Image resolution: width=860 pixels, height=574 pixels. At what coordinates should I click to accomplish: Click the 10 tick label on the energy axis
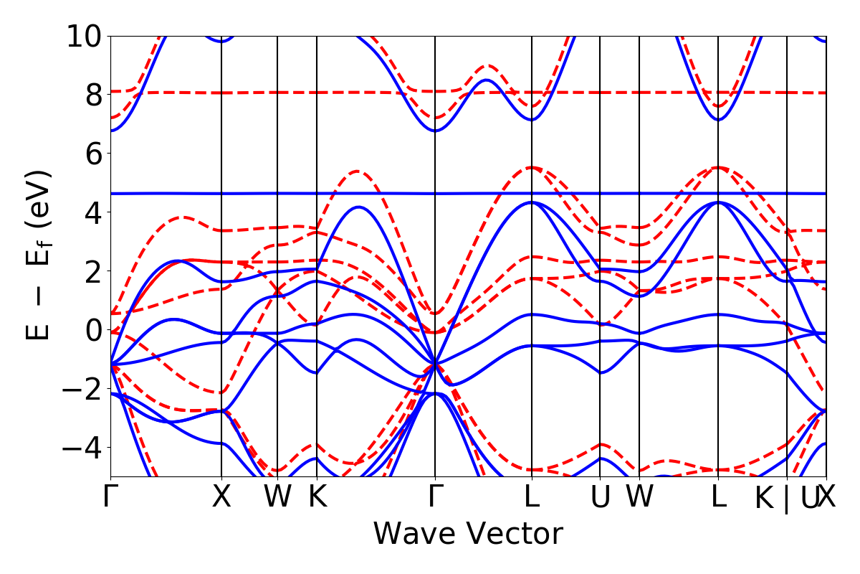click(84, 36)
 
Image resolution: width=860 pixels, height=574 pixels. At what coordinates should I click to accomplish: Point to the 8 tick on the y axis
click(92, 95)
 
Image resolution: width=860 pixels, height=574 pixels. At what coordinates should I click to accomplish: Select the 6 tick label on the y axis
click(92, 154)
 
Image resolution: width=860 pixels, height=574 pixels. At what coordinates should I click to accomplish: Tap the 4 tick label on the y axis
click(92, 212)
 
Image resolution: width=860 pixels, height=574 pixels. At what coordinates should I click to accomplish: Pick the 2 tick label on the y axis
click(92, 271)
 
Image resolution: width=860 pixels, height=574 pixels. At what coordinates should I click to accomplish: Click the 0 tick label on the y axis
click(92, 330)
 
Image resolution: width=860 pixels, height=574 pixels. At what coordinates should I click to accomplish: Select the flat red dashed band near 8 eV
click(645, 93)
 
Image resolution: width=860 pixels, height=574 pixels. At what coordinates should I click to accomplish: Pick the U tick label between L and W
click(600, 497)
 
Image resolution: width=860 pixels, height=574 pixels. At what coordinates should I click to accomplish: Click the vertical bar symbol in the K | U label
click(786, 498)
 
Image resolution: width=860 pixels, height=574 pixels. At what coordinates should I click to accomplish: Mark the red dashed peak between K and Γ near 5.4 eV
click(357, 171)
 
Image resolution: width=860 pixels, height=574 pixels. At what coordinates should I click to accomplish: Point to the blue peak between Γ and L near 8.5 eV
click(487, 80)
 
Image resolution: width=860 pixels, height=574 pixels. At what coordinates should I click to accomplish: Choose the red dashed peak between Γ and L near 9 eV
click(487, 65)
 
